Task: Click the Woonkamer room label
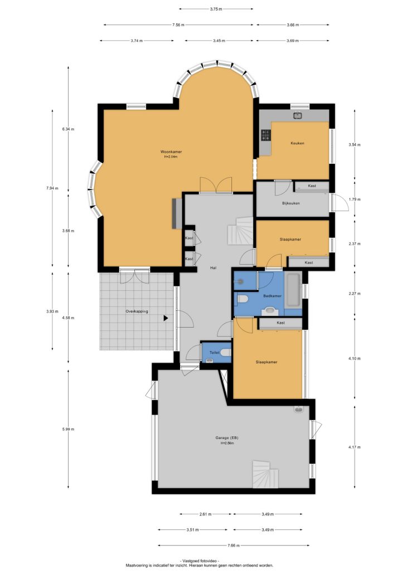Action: coord(171,152)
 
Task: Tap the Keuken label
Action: coord(297,143)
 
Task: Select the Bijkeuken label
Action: coord(291,203)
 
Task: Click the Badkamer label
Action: coord(272,296)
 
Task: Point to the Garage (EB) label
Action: coord(227,438)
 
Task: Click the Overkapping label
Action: coord(137,311)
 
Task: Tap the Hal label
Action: coord(213,268)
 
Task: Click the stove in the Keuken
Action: coord(265,135)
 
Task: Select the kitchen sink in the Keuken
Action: coord(298,116)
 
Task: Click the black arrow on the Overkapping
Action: coord(166,318)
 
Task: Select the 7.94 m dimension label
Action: coord(52,188)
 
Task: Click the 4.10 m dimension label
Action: coord(355,359)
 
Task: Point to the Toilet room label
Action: coord(214,353)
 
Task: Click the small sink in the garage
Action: coord(298,410)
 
